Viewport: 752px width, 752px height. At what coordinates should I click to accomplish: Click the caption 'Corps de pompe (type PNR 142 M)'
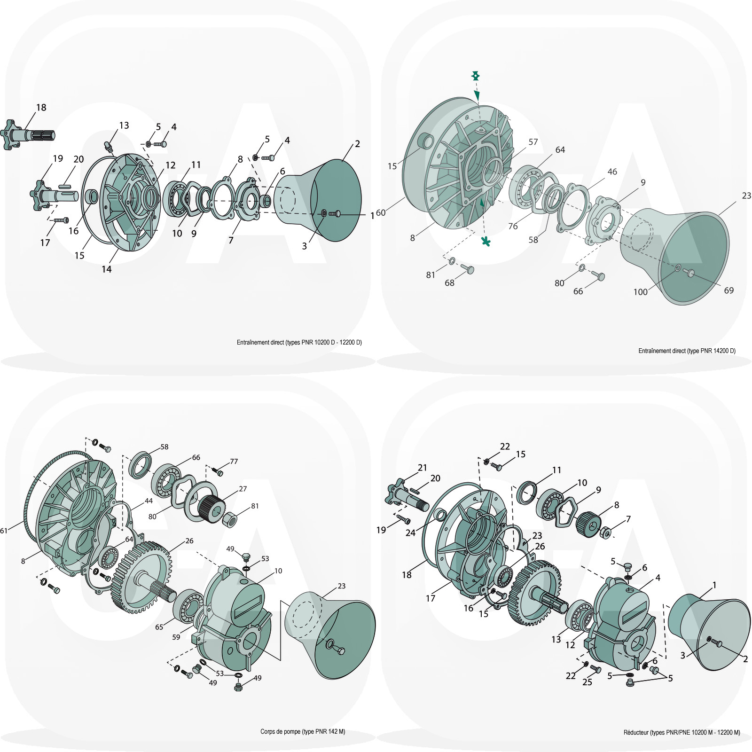coord(303,731)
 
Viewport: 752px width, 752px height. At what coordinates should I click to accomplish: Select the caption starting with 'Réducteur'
coord(681,732)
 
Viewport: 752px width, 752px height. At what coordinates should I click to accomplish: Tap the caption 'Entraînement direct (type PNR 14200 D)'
coord(687,351)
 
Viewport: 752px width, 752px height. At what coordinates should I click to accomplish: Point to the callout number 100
coord(641,292)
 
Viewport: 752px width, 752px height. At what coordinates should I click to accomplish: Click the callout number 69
coord(728,290)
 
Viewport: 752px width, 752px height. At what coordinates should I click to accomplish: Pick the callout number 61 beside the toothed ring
coord(4,531)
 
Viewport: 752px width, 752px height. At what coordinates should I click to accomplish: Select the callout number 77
coord(234,462)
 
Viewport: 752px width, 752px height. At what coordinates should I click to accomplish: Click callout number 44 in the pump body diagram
coord(149,501)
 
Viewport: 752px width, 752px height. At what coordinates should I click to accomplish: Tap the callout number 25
coord(587,682)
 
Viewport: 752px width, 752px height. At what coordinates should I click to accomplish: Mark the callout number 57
coord(533,142)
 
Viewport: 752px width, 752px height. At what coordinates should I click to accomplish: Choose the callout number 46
coord(612,172)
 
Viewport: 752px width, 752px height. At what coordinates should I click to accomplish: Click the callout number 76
coord(513,226)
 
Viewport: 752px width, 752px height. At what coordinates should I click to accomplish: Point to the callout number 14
coord(107,269)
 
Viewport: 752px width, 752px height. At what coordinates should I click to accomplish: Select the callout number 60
coord(381,213)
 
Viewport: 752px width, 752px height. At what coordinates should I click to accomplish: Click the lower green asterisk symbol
coord(486,242)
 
